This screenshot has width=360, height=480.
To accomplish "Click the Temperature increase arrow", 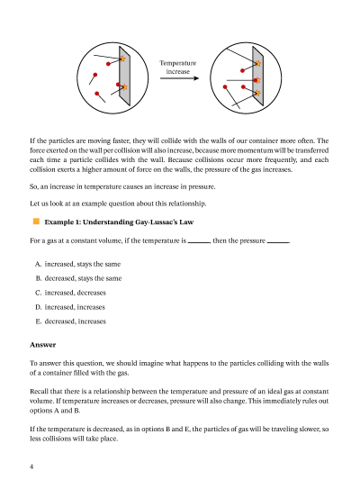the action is coord(179,78).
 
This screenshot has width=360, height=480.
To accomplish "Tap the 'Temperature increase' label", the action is coord(177,68).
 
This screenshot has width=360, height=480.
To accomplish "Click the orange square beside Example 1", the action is coord(36,222).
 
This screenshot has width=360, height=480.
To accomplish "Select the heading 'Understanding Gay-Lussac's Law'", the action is coord(138,222).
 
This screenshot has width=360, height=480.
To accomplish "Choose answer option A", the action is coord(77,264).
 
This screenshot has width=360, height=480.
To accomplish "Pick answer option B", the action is coord(78,278).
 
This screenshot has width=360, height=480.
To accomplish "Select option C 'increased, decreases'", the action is coord(70,293).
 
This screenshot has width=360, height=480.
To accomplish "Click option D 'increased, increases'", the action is coord(70,307).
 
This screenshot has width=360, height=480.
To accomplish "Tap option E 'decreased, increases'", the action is coord(70,322).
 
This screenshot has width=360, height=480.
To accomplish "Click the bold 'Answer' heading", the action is coord(43,345).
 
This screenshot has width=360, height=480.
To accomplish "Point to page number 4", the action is coord(31,466).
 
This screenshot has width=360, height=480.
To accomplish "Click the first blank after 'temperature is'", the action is coord(199,243).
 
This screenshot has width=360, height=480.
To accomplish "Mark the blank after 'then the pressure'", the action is coord(278,243).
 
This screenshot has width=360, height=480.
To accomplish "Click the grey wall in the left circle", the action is coord(125,76).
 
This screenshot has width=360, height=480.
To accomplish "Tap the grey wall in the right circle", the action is coord(257,76).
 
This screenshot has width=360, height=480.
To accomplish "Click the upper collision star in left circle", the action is coord(122,59).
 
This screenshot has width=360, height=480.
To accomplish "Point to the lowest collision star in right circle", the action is coord(257,93).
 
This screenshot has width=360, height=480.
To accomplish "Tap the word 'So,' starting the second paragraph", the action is coord(34,186).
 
